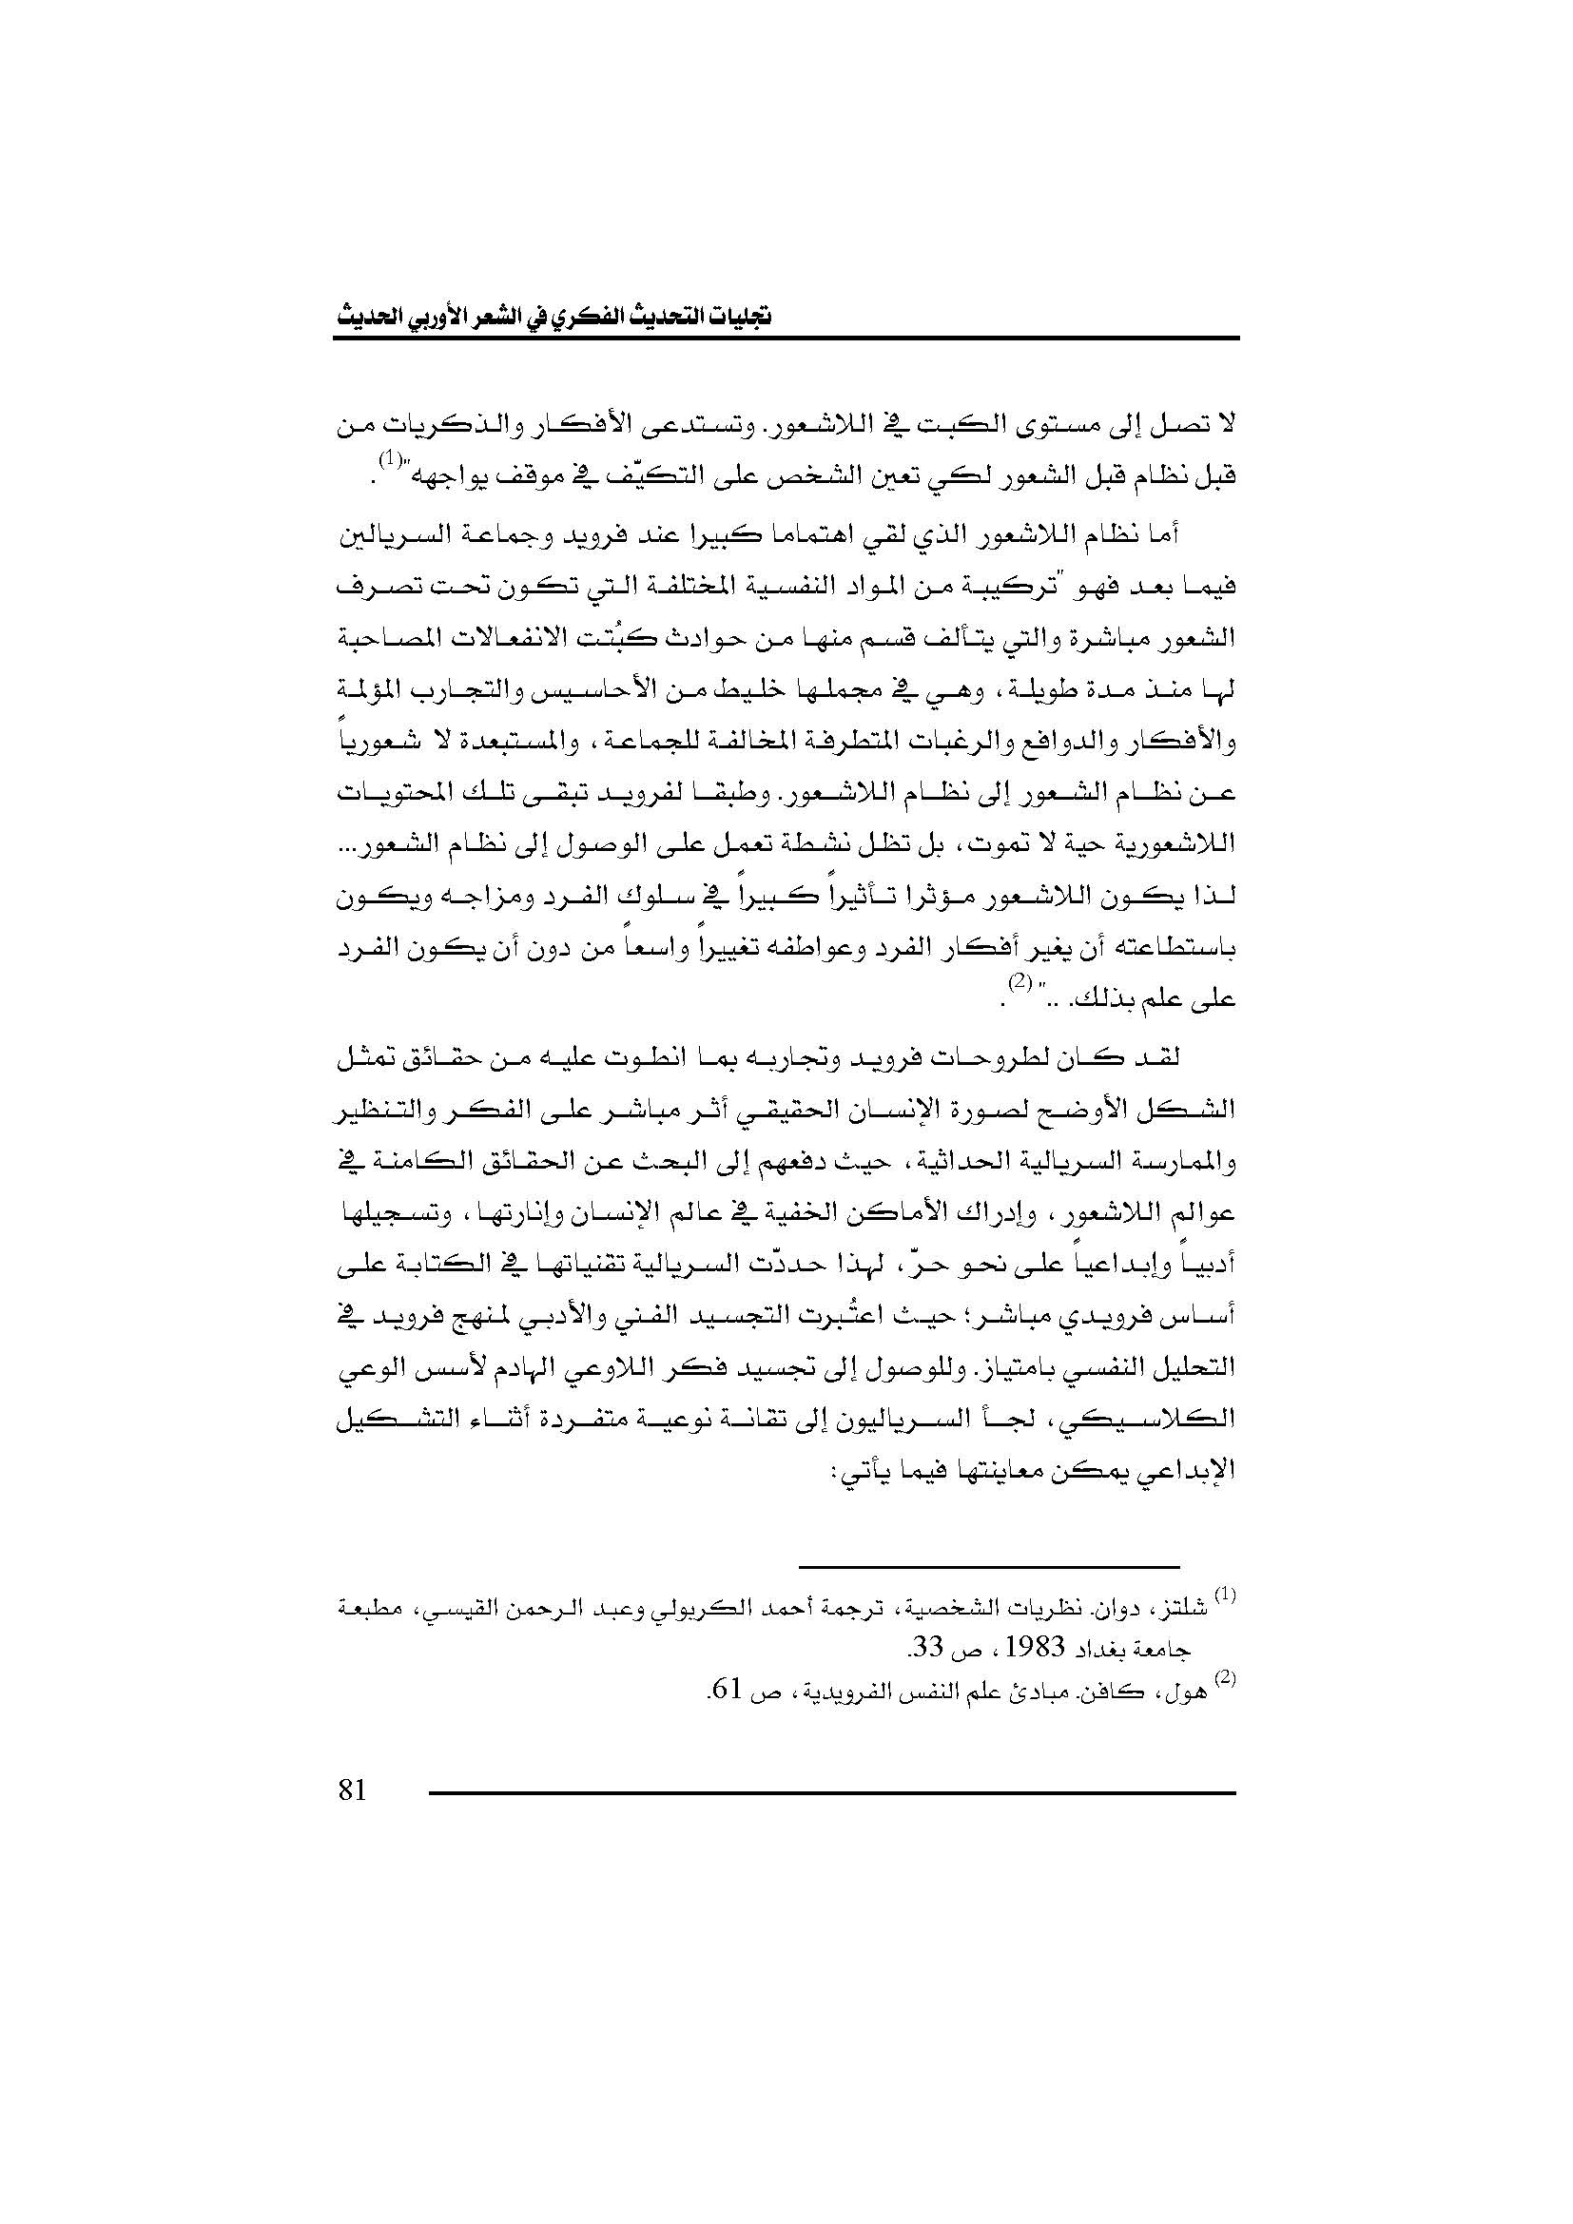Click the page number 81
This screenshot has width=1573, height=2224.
[353, 1792]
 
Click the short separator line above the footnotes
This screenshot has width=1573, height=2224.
[988, 1567]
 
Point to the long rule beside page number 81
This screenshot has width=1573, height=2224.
[833, 1795]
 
